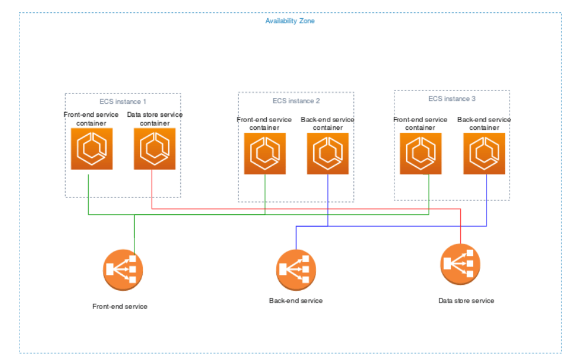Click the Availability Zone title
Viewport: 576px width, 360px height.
coord(290,21)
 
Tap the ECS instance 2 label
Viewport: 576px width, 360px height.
coord(296,100)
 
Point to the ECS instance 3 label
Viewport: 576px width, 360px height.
coord(452,99)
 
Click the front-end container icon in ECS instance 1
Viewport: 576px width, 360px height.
coord(92,149)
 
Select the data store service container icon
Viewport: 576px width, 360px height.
coord(155,149)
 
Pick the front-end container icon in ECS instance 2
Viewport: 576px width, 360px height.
coord(264,153)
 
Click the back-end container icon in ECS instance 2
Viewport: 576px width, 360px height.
coord(327,153)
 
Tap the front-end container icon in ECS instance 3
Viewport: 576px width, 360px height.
coord(421,153)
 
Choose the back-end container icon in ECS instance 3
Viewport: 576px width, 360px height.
coord(484,153)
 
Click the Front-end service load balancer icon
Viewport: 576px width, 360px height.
coord(122,270)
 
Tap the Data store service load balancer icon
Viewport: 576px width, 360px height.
coord(460,264)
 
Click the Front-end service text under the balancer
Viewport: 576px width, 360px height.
coord(120,307)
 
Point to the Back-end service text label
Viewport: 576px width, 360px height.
coord(296,301)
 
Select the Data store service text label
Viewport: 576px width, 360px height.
coord(466,301)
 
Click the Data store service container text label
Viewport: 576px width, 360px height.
coord(155,119)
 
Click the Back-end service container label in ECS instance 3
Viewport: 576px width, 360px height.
coord(484,123)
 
